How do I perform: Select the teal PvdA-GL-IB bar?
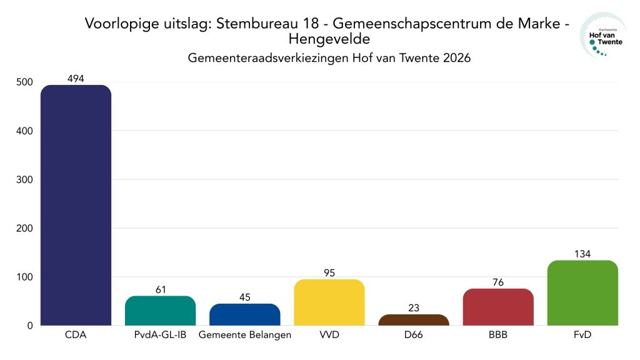(x=160, y=311)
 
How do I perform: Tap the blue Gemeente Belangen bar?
(x=244, y=314)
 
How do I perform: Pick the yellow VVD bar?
(x=329, y=302)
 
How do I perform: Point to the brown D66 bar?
(x=413, y=320)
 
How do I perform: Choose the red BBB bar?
(x=498, y=307)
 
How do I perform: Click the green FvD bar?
(x=582, y=292)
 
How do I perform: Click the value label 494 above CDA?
(x=76, y=78)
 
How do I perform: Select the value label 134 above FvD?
(x=582, y=253)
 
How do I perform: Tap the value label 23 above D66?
(x=413, y=307)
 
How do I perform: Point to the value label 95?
(x=329, y=272)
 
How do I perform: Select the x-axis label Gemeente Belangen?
(x=244, y=336)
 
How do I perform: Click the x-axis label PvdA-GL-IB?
(x=160, y=336)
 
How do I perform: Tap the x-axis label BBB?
(x=498, y=336)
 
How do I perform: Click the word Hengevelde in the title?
(x=329, y=39)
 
